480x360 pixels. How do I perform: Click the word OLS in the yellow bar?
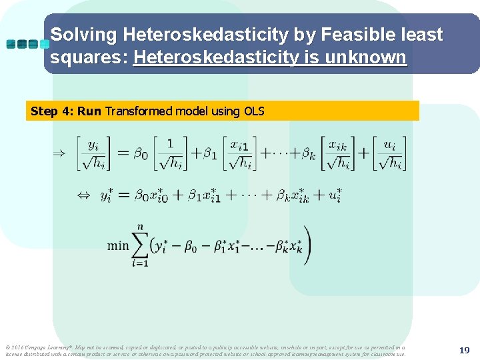point(254,111)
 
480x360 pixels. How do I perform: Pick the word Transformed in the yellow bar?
point(139,111)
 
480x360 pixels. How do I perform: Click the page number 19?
point(465,349)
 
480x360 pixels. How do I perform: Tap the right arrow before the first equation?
point(59,153)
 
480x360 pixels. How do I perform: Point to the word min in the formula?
point(118,245)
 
